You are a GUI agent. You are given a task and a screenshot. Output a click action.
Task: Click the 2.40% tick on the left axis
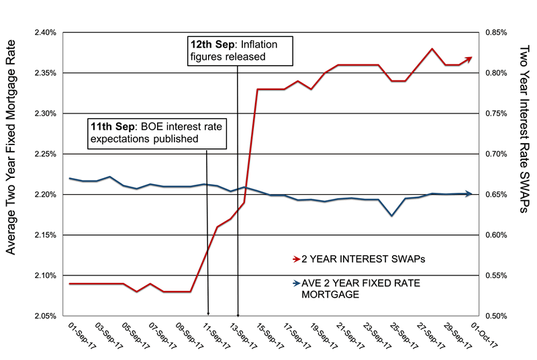pyautogui.click(x=43, y=32)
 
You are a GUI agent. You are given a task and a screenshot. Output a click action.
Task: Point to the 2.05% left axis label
pyautogui.click(x=43, y=316)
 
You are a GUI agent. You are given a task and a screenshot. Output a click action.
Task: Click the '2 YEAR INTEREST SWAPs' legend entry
pyautogui.click(x=349, y=258)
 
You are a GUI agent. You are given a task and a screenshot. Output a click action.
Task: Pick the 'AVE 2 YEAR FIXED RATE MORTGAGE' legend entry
pyautogui.click(x=356, y=289)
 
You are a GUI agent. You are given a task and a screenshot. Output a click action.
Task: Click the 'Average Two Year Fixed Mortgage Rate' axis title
pyautogui.click(x=11, y=174)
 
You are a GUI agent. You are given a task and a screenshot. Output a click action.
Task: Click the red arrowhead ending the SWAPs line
pyautogui.click(x=470, y=58)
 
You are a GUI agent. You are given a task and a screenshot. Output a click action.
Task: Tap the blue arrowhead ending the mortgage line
pyautogui.click(x=470, y=194)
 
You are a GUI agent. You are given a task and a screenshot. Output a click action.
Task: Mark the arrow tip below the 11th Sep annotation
pyautogui.click(x=208, y=314)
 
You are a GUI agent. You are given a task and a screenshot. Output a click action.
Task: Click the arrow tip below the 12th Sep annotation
pyautogui.click(x=238, y=314)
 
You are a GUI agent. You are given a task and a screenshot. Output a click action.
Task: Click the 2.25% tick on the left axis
pyautogui.click(x=43, y=154)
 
